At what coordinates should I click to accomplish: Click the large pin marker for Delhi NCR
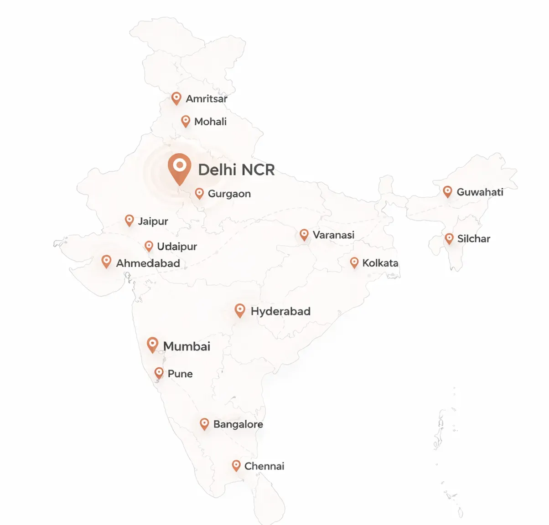coord(179,167)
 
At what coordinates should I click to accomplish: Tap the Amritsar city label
coord(206,98)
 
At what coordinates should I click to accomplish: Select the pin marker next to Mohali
coord(185,121)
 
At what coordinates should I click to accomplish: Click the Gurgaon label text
coord(229,194)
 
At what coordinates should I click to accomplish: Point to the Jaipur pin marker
coord(129,220)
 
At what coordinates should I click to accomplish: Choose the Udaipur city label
coord(177,247)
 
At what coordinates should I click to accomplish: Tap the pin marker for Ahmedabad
coord(106,261)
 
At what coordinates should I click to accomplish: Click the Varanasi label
coord(333,235)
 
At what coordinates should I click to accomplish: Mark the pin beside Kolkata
coord(354,262)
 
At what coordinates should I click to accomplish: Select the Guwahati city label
coord(480,192)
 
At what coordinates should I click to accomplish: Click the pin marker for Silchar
coord(449,238)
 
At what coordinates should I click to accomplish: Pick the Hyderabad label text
coord(280,311)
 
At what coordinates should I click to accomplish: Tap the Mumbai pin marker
coord(152,344)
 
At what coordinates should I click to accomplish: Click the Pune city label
coord(180,374)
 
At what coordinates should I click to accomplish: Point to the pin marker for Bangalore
coord(204,423)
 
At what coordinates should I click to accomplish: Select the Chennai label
coord(264,466)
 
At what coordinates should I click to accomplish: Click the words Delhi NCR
coord(236,170)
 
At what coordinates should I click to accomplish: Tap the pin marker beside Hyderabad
coord(239,310)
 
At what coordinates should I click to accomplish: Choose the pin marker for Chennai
coord(236,465)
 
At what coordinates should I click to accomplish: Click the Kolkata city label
coord(380,263)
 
